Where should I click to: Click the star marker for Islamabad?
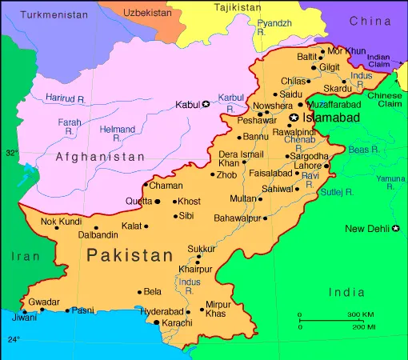tap(294, 118)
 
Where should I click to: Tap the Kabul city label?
tap(187, 104)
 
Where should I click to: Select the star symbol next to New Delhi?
tap(396, 229)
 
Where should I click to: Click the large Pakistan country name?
tap(130, 256)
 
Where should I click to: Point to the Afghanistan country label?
tap(100, 158)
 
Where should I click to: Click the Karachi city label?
tap(177, 323)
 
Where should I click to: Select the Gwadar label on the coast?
tap(44, 302)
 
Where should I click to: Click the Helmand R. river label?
tap(118, 133)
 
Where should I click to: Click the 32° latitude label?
tap(11, 152)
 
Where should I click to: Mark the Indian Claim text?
tap(379, 61)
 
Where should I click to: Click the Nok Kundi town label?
tap(62, 221)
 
